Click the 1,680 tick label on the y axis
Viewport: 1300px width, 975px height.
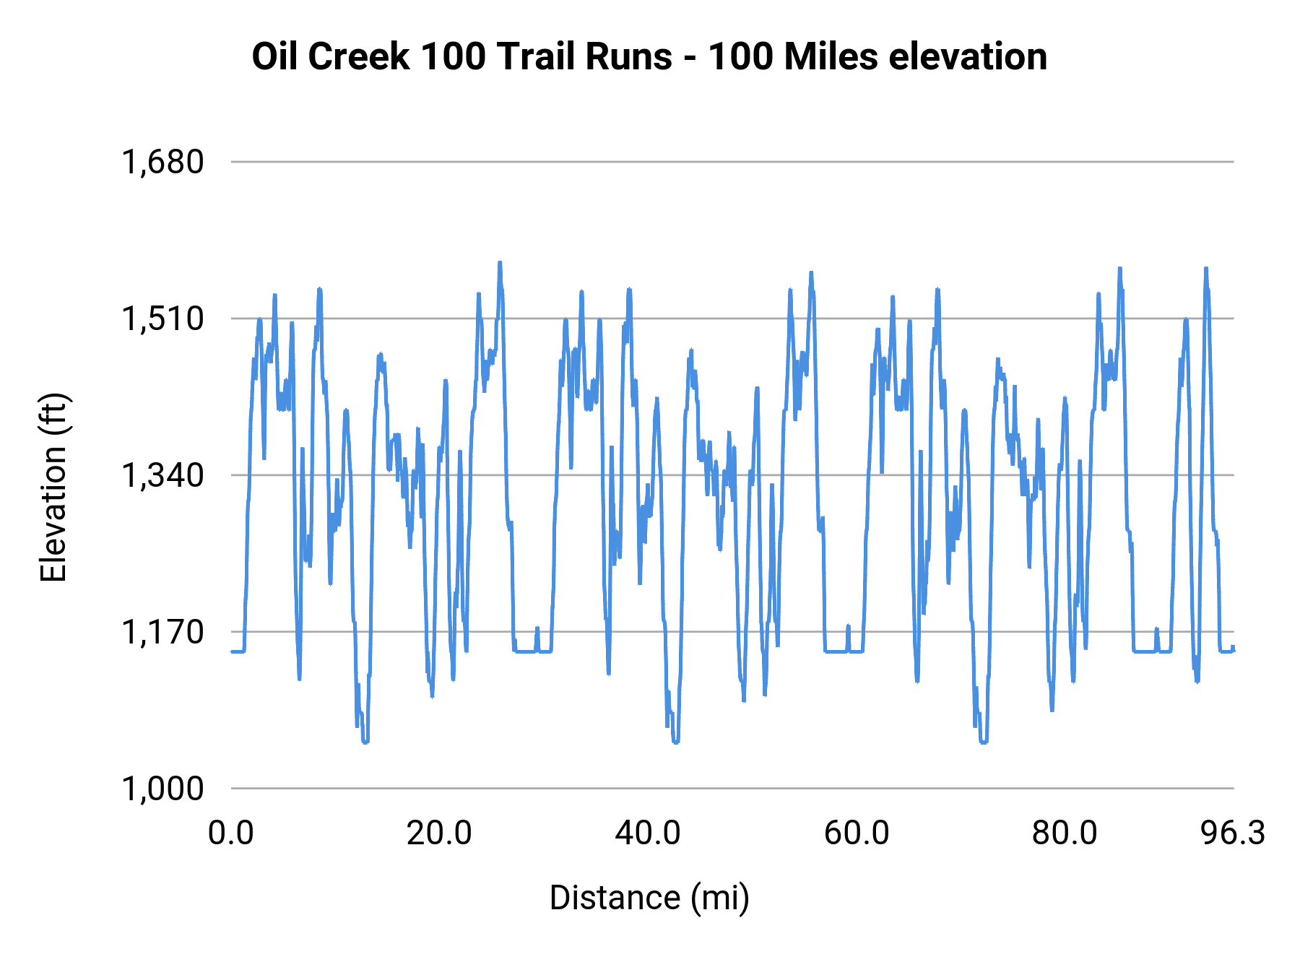(x=162, y=162)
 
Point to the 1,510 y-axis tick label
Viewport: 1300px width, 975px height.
(x=162, y=318)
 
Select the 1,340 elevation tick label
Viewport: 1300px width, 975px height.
(x=162, y=475)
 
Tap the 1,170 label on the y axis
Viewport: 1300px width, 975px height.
(x=162, y=632)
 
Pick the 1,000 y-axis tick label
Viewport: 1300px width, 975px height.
(x=162, y=789)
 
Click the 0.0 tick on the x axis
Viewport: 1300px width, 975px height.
(x=231, y=833)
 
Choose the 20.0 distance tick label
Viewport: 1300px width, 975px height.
(x=439, y=833)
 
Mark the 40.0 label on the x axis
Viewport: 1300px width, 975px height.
(x=648, y=833)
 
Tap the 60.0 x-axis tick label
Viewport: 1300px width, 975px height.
(x=857, y=833)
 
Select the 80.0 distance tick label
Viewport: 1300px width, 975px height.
(x=1065, y=833)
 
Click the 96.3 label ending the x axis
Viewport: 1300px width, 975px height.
(x=1233, y=833)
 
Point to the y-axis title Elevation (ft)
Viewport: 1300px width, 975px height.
(x=53, y=487)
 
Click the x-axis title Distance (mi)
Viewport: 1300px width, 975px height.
(x=649, y=898)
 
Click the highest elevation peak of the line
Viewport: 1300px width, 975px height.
(x=499, y=264)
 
